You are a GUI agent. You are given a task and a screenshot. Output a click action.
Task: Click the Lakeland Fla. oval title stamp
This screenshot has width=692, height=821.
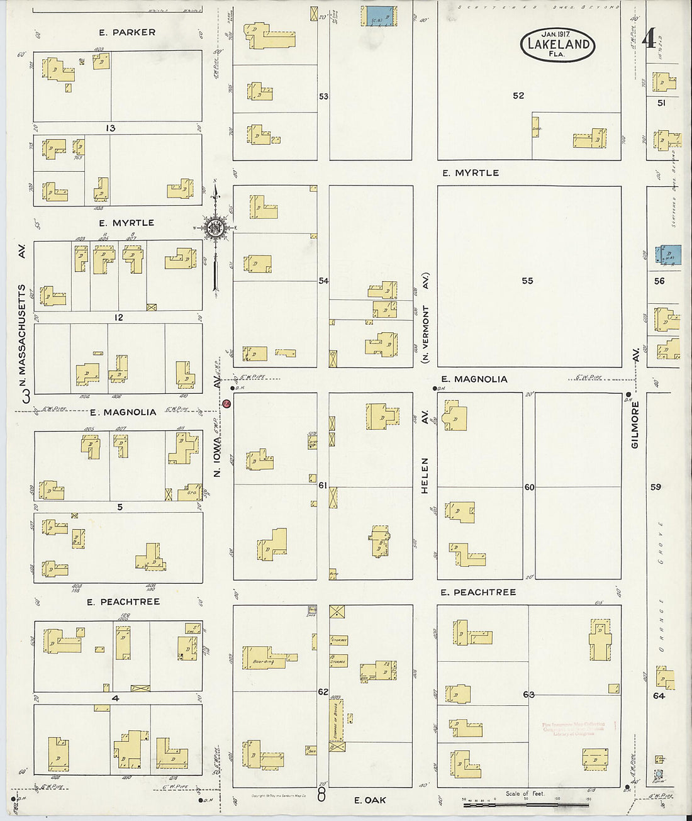[557, 44]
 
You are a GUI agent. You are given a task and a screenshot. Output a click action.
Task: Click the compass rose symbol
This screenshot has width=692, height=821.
[215, 228]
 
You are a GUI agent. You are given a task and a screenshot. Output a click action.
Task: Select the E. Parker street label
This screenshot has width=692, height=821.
[127, 32]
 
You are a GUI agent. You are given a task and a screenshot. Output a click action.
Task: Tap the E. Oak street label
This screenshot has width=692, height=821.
[369, 800]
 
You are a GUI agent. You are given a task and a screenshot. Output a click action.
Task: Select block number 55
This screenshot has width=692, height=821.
[527, 281]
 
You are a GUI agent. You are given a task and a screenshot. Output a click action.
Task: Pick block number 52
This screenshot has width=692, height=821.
[518, 96]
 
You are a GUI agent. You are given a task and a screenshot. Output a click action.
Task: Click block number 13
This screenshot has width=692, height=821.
[110, 128]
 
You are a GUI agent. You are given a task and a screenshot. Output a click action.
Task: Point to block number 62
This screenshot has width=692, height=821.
[323, 691]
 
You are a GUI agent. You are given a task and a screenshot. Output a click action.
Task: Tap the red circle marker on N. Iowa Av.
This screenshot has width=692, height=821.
[227, 403]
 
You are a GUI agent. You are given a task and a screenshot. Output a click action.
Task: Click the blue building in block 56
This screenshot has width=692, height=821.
[668, 254]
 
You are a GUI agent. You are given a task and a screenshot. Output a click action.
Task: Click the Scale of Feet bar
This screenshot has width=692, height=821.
[525, 803]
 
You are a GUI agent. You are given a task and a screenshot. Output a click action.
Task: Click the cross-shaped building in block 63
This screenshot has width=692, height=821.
[600, 640]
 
